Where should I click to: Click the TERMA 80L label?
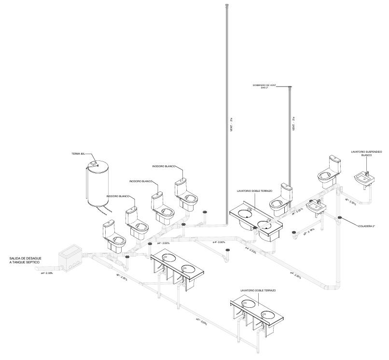coord(78,154)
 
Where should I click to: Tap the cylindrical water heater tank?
coord(97,186)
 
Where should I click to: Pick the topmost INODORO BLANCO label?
coord(163,166)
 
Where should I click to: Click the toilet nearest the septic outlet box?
coord(114,235)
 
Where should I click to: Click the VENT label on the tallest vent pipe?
coord(232,125)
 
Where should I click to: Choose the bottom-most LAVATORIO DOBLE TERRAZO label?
coord(257,290)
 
